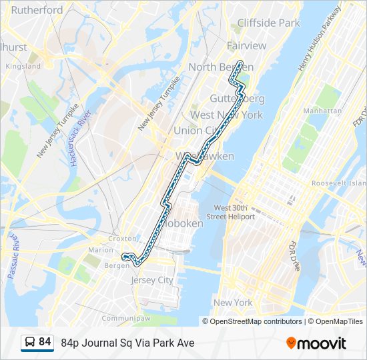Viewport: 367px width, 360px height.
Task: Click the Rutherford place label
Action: pyautogui.click(x=37, y=10)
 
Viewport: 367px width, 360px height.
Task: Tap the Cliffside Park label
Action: pyautogui.click(x=269, y=23)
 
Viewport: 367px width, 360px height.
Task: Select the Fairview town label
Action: pyautogui.click(x=246, y=46)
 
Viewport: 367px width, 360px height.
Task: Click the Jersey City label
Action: pyautogui.click(x=151, y=280)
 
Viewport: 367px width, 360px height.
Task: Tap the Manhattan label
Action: pyautogui.click(x=322, y=111)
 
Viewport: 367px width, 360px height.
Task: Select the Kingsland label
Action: pyautogui.click(x=23, y=67)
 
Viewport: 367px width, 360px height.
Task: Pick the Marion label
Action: pyautogui.click(x=100, y=250)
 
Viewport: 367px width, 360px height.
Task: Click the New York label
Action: pyautogui.click(x=233, y=303)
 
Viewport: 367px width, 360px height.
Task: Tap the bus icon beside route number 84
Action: pyautogui.click(x=29, y=343)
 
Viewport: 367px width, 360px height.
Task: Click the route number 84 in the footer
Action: pyautogui.click(x=45, y=342)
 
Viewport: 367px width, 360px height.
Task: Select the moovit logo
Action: pyautogui.click(x=316, y=343)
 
